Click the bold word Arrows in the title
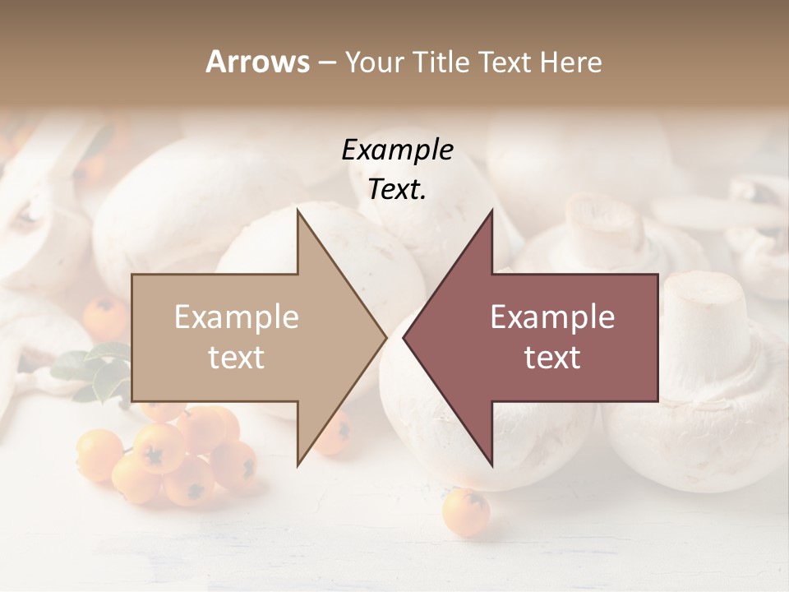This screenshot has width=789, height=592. pyautogui.click(x=258, y=62)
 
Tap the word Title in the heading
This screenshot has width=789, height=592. pyautogui.click(x=441, y=62)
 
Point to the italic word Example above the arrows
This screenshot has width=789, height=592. pyautogui.click(x=398, y=150)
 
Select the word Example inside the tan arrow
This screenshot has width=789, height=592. pyautogui.click(x=237, y=317)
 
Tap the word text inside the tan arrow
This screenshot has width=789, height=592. pyautogui.click(x=237, y=358)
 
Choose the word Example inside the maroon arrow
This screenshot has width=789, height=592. pyautogui.click(x=552, y=317)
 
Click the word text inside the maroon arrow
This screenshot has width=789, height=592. pyautogui.click(x=552, y=358)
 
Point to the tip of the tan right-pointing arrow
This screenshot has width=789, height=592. pyautogui.click(x=386, y=337)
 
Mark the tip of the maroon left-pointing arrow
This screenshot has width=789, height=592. pyautogui.click(x=404, y=337)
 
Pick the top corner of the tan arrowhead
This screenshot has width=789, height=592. pyautogui.click(x=298, y=211)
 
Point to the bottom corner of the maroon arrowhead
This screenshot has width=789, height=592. pyautogui.click(x=491, y=465)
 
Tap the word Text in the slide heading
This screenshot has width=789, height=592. pyautogui.click(x=503, y=62)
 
